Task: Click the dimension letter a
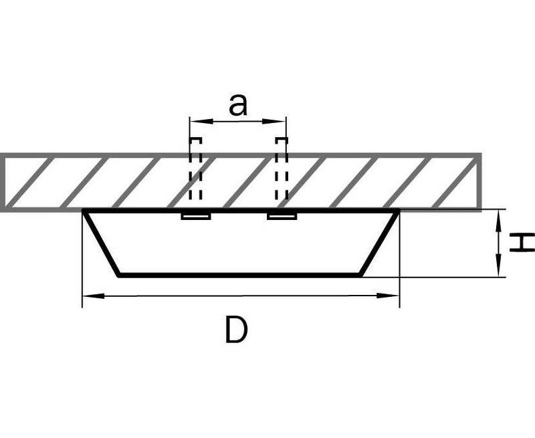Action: (x=238, y=105)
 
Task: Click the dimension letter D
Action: (x=236, y=330)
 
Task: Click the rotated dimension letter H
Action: (x=522, y=243)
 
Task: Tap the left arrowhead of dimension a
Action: (x=201, y=121)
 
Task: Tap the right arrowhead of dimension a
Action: (x=274, y=121)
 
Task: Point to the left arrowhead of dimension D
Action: (x=94, y=296)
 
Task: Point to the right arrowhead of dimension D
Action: (x=388, y=296)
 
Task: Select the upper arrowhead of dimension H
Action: (x=499, y=221)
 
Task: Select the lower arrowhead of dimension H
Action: (x=499, y=265)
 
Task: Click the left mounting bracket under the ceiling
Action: (x=196, y=216)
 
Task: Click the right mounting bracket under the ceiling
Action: (x=282, y=216)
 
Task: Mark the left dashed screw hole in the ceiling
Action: (x=195, y=169)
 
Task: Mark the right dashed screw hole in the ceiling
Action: (x=282, y=169)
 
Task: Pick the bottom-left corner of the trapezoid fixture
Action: (x=118, y=275)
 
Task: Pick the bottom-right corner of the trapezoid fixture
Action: (x=360, y=275)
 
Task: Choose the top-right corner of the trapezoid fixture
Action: (x=398, y=211)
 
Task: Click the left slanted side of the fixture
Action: (x=102, y=243)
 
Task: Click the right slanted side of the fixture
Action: (x=379, y=243)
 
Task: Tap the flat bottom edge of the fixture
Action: (x=239, y=275)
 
